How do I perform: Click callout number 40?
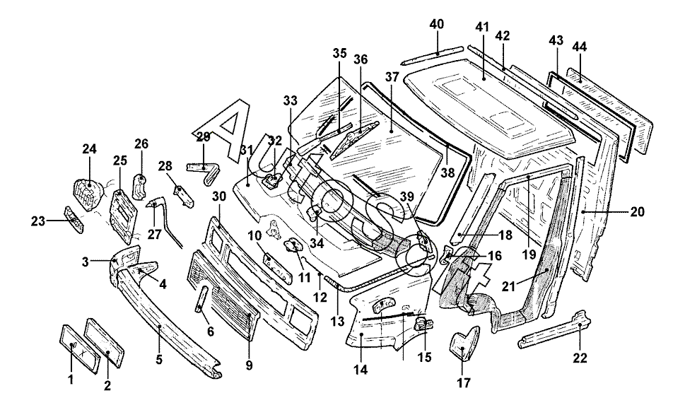pos(436,25)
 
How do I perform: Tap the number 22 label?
pos(580,358)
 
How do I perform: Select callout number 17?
pos(464,383)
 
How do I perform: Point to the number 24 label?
pos(89,149)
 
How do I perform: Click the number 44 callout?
pos(580,47)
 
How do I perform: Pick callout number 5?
pos(158,360)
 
